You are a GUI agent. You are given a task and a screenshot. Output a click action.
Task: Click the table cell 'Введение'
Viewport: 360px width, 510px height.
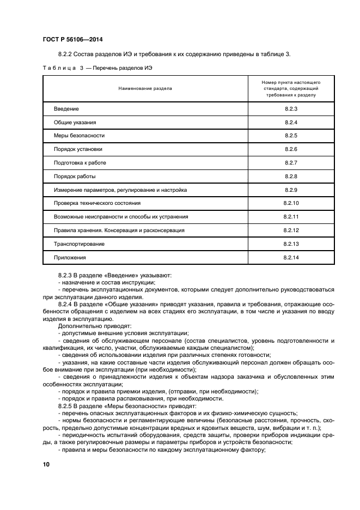click(x=66, y=109)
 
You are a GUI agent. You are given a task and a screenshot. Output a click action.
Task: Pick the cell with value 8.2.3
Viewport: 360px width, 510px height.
click(x=291, y=109)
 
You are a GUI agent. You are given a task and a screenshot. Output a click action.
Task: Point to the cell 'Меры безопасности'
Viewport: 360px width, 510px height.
click(x=78, y=136)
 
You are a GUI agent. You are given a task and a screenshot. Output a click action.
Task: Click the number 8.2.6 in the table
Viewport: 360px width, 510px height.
click(x=291, y=149)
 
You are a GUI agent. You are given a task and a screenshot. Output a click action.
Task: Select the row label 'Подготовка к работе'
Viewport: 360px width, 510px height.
click(x=80, y=163)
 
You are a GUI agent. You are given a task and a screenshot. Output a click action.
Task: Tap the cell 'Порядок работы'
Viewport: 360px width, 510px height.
click(x=75, y=177)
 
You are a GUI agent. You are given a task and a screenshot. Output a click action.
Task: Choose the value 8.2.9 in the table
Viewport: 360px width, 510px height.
click(x=291, y=190)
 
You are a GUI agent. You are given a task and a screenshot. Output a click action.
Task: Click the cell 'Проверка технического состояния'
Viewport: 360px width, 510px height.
click(x=97, y=203)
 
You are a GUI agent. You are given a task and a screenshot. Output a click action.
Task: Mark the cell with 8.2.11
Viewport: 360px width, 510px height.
click(x=291, y=217)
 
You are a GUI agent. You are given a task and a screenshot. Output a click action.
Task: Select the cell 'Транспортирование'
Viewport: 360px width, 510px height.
click(x=78, y=244)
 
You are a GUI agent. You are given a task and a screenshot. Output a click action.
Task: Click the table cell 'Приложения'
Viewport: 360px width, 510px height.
click(x=70, y=257)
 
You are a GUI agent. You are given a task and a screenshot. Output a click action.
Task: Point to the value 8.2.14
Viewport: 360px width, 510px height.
click(x=291, y=257)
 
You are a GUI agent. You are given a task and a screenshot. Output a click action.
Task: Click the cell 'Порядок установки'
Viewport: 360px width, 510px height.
click(x=77, y=149)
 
